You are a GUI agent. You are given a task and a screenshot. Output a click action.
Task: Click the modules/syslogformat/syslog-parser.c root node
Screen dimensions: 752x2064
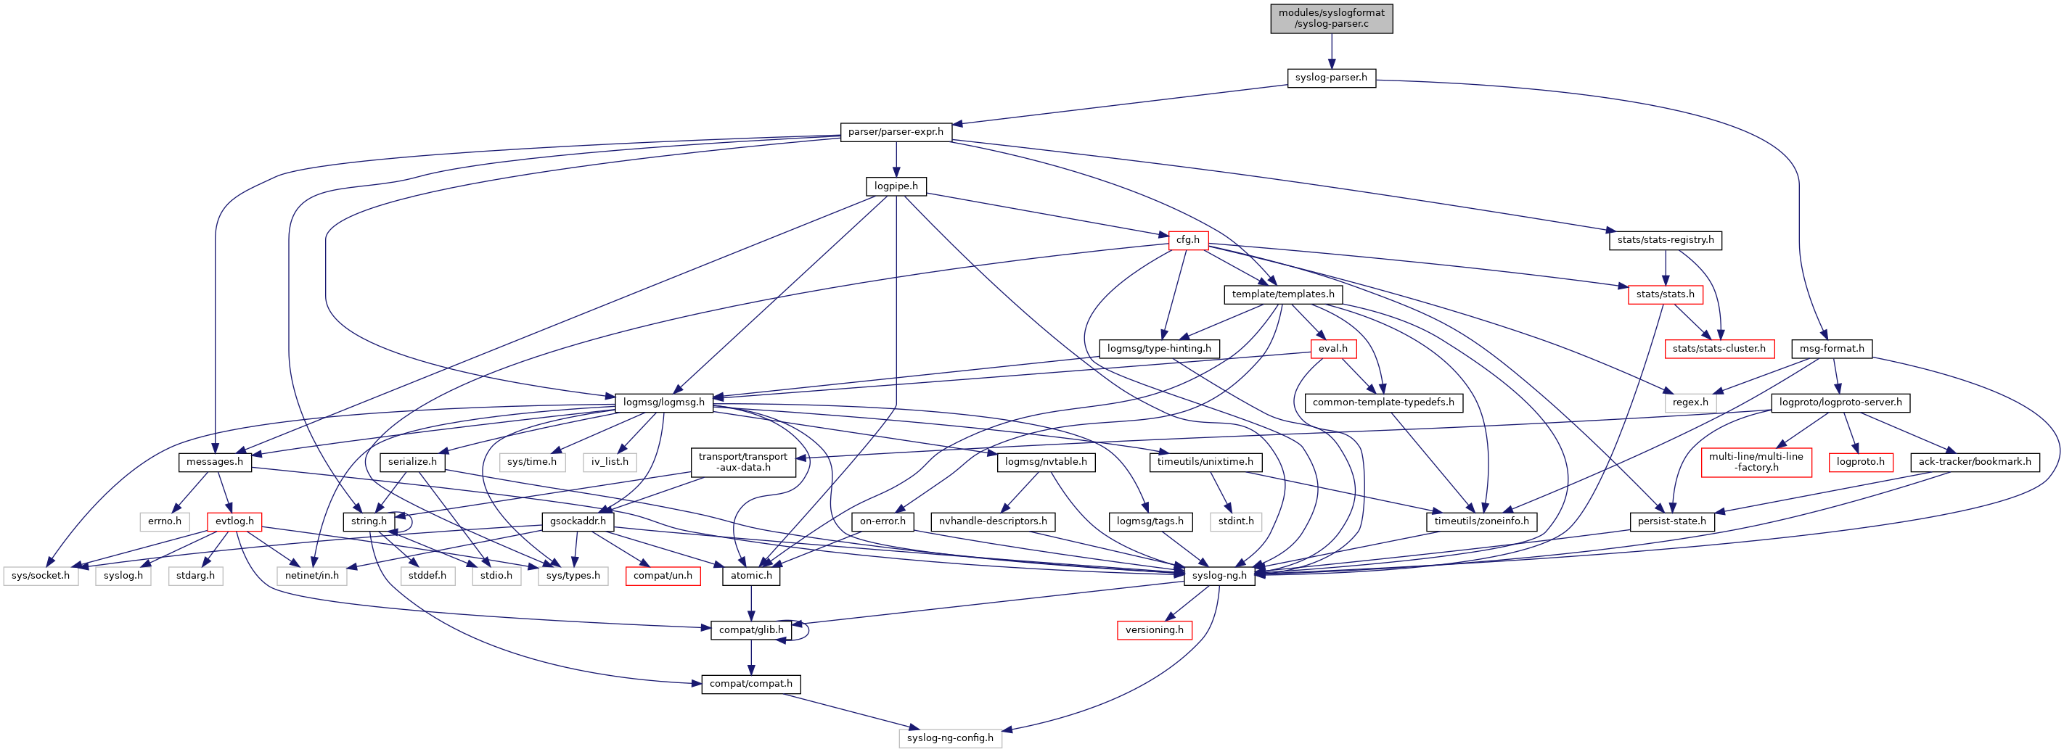point(1331,18)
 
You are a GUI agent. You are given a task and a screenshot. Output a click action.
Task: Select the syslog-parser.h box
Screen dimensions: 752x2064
point(1331,78)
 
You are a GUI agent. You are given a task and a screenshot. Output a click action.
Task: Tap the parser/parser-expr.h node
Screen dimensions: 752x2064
point(896,132)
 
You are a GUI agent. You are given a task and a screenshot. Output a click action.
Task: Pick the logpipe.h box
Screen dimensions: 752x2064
point(896,186)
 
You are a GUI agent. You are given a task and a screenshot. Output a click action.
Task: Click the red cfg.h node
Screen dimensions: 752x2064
point(1187,240)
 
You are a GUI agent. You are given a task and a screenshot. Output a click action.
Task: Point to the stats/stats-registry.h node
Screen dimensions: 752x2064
point(1665,240)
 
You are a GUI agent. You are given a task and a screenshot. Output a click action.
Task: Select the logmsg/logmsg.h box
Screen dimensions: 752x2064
point(663,402)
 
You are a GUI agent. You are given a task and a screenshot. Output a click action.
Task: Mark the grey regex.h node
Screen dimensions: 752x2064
point(1690,402)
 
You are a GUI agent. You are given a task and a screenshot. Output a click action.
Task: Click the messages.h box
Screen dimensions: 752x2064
point(214,462)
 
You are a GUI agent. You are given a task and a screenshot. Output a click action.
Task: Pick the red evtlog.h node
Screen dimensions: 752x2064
point(234,521)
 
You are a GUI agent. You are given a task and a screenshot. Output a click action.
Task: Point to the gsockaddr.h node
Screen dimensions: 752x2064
point(578,521)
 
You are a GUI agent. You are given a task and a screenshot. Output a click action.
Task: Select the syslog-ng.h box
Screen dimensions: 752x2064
point(1219,576)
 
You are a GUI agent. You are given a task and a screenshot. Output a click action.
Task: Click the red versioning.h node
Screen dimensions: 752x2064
point(1154,630)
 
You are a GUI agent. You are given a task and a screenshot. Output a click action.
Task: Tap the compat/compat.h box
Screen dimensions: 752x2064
point(750,685)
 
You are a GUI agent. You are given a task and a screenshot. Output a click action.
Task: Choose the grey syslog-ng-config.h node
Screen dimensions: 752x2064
point(949,738)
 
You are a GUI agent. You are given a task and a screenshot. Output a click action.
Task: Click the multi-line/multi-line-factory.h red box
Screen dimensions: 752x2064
point(1756,462)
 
